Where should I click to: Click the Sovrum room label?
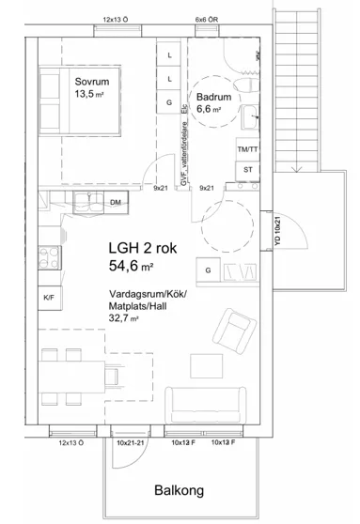pos(93,81)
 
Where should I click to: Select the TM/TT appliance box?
pos(248,150)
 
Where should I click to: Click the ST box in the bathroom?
pos(248,169)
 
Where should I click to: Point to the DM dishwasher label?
pos(115,203)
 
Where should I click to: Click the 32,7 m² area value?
pos(126,319)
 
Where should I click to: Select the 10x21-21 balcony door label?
pos(132,442)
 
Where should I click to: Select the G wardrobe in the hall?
pos(208,271)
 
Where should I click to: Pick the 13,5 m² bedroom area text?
pos(93,94)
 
